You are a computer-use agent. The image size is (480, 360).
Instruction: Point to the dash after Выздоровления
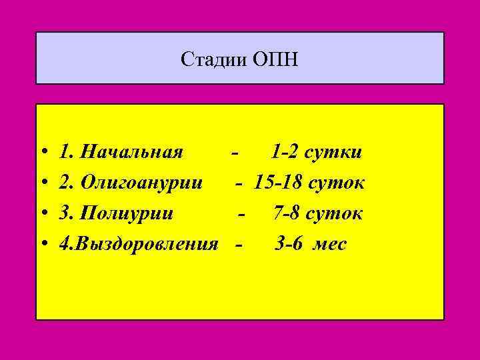(239, 247)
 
